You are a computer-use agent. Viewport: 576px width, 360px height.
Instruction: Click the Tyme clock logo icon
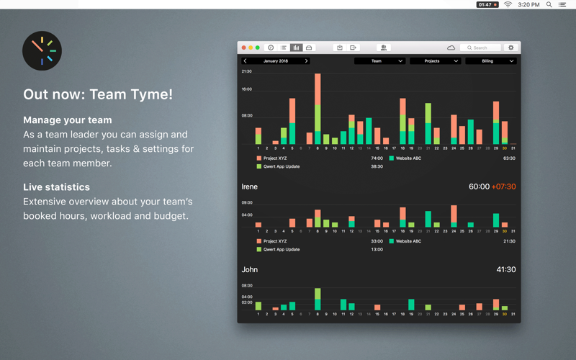42,50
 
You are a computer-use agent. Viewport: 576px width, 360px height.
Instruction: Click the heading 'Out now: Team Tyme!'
98,94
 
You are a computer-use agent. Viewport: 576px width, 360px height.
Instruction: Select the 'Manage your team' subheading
68,120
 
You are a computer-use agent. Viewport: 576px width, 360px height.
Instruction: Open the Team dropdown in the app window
379,61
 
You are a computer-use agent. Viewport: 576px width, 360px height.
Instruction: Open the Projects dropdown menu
435,61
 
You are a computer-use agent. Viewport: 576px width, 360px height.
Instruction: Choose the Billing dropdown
490,61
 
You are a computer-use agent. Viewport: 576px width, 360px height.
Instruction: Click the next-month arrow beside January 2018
307,61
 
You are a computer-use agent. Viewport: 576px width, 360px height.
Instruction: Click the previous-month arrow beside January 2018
245,61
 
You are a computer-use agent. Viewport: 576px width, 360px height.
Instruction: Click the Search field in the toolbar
481,48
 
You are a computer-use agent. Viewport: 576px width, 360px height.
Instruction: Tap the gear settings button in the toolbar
511,48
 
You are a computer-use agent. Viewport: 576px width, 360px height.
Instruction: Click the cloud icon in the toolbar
451,48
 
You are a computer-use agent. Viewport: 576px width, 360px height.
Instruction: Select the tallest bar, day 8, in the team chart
318,108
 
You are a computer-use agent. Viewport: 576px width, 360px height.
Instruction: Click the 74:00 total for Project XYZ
377,158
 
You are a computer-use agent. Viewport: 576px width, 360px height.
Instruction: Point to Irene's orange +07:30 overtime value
503,186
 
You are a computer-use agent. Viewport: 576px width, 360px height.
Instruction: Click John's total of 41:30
505,269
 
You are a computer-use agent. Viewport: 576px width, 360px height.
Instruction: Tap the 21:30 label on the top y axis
247,72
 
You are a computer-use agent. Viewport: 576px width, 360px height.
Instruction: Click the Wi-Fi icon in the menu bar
508,4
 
